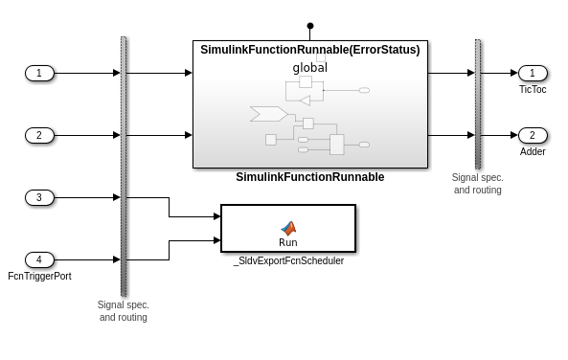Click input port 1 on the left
pos(39,73)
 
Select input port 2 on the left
pos(39,135)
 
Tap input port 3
pos(39,197)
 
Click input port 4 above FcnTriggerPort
pos(39,259)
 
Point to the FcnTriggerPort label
pos(39,276)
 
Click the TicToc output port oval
pos(533,73)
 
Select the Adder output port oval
pos(533,135)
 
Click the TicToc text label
pos(533,89)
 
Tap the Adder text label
pos(533,151)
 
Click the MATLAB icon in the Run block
pos(288,228)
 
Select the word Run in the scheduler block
pos(288,242)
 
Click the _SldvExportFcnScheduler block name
pos(288,260)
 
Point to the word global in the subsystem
pos(309,67)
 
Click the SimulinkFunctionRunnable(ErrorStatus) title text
pos(309,50)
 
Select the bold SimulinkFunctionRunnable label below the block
pos(309,177)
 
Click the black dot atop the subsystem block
pos(309,26)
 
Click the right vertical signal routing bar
pos(478,103)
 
